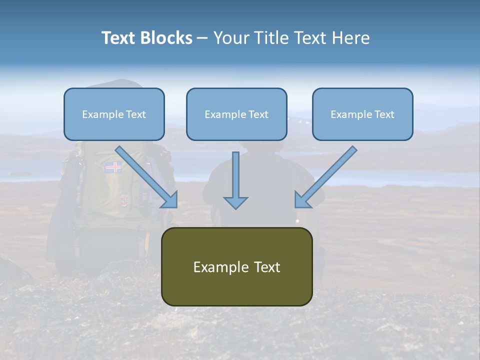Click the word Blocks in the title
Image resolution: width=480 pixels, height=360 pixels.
pyautogui.click(x=166, y=37)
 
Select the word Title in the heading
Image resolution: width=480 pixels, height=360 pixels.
pyautogui.click(x=272, y=37)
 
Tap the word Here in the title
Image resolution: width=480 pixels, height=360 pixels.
pyautogui.click(x=351, y=37)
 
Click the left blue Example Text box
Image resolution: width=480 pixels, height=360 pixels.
pyautogui.click(x=114, y=114)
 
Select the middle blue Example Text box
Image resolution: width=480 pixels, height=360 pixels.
pyautogui.click(x=236, y=114)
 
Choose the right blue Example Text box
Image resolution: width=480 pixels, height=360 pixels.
pyautogui.click(x=363, y=114)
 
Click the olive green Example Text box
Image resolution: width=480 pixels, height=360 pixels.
pyautogui.click(x=237, y=266)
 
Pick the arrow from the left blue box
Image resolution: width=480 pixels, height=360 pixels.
pyautogui.click(x=146, y=177)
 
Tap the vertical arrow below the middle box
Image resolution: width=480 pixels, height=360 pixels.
pyautogui.click(x=235, y=180)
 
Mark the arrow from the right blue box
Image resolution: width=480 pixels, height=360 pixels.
pyautogui.click(x=325, y=177)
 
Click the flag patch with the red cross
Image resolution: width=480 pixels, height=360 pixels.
pyautogui.click(x=113, y=167)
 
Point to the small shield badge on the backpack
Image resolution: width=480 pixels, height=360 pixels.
pyautogui.click(x=124, y=200)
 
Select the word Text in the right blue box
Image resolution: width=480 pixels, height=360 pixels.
pyautogui.click(x=384, y=114)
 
